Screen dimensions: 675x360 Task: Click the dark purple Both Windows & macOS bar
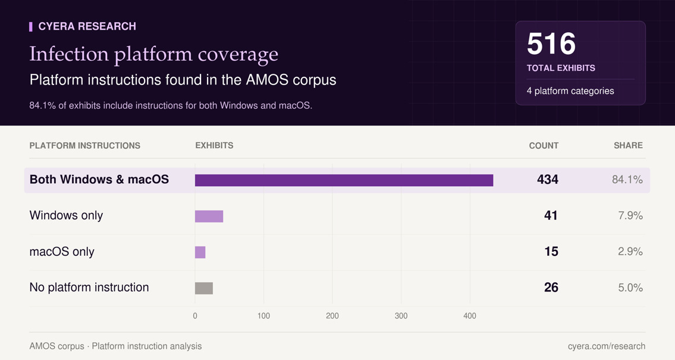click(x=344, y=180)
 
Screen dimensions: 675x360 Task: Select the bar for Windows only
click(x=209, y=216)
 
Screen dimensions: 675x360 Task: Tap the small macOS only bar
click(x=200, y=252)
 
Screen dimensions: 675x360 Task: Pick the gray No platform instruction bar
click(x=204, y=288)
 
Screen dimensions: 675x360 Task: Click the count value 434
click(x=548, y=180)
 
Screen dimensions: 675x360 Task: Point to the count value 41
click(x=551, y=215)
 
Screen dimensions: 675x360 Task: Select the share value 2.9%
click(x=630, y=252)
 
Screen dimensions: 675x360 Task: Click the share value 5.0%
click(x=630, y=287)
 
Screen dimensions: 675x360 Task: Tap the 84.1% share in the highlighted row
click(x=627, y=180)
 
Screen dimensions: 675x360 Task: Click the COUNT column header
click(x=544, y=146)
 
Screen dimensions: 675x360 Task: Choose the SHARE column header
click(x=628, y=146)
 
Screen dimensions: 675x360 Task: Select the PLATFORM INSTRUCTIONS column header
click(x=85, y=146)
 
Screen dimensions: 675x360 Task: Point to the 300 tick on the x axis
click(x=401, y=315)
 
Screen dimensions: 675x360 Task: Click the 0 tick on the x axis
click(x=195, y=315)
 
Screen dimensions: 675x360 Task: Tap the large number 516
click(x=551, y=43)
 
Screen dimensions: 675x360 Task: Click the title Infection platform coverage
click(x=153, y=54)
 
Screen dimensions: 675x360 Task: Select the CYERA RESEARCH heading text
click(x=87, y=26)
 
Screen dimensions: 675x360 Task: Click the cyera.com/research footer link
click(x=607, y=346)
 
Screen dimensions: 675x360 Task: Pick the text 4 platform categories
click(x=570, y=91)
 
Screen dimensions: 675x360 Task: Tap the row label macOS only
click(x=62, y=252)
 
